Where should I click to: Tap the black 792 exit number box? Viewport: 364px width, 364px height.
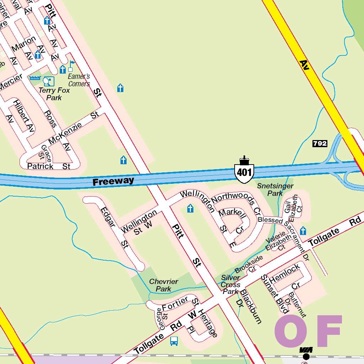coord(320,144)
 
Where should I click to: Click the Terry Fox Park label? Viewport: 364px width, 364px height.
coord(54,94)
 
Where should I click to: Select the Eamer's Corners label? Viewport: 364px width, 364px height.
coord(79,80)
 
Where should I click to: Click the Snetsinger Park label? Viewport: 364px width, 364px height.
coord(275,189)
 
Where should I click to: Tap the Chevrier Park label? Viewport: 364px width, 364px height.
coord(164,285)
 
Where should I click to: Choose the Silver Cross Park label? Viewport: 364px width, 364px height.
coord(230,284)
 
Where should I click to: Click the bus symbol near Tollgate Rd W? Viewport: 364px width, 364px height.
coord(174,341)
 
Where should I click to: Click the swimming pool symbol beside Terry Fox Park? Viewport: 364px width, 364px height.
coord(35,78)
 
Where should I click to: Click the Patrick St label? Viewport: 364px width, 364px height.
coord(49,166)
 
